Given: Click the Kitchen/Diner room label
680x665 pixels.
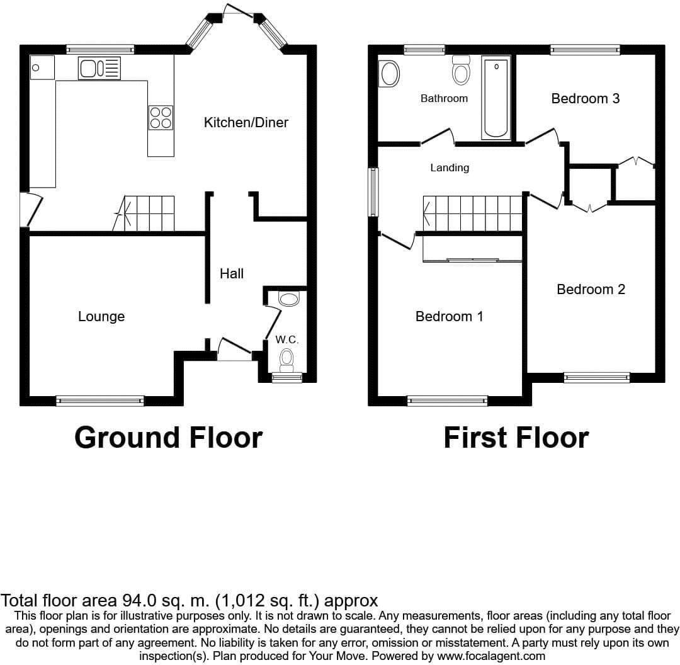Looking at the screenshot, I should (246, 122).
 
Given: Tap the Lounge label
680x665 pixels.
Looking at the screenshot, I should (101, 316).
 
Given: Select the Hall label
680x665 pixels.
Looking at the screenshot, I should (232, 273).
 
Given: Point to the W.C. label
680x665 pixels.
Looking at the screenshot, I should (286, 339).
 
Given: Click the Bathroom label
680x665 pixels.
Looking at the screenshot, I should (444, 98).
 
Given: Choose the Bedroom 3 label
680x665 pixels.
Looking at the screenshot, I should (586, 98).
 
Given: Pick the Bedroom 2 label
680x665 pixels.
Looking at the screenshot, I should (591, 289).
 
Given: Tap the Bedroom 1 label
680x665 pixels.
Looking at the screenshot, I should (450, 316).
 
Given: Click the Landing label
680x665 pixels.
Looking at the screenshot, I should (450, 168).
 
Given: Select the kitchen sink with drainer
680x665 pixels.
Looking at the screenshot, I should (99, 68).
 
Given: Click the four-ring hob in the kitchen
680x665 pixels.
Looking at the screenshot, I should (161, 117).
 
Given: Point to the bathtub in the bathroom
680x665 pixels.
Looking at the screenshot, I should (496, 97).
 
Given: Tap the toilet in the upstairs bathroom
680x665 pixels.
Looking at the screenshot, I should (462, 71).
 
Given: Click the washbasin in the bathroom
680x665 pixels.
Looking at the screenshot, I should (390, 74).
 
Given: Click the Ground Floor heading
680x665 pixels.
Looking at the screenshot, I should (168, 437).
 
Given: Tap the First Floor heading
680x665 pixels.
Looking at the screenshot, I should (516, 437).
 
